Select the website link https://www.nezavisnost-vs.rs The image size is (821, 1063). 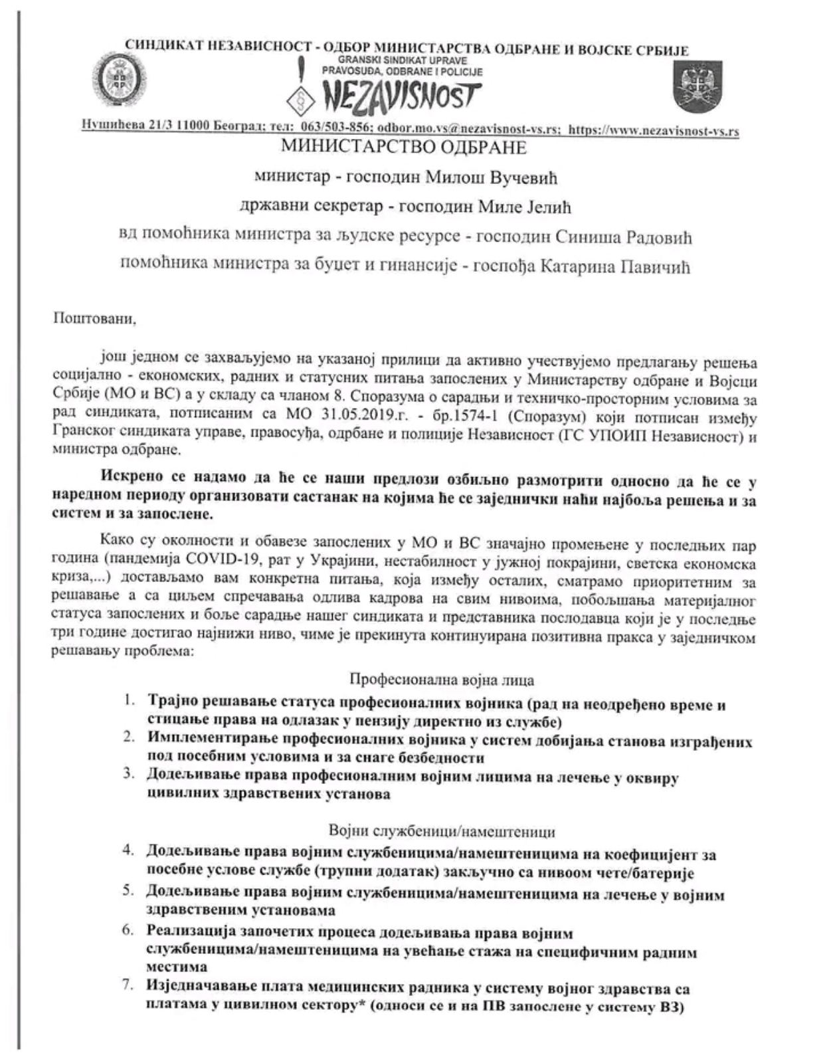[x=654, y=130]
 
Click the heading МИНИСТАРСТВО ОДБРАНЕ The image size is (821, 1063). [x=404, y=147]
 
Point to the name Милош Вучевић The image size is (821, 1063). [x=507, y=177]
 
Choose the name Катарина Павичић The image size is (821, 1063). [x=622, y=266]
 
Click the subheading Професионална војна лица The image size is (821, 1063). [x=442, y=680]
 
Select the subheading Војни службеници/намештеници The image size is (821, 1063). [x=442, y=831]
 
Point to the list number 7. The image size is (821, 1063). [x=128, y=987]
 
